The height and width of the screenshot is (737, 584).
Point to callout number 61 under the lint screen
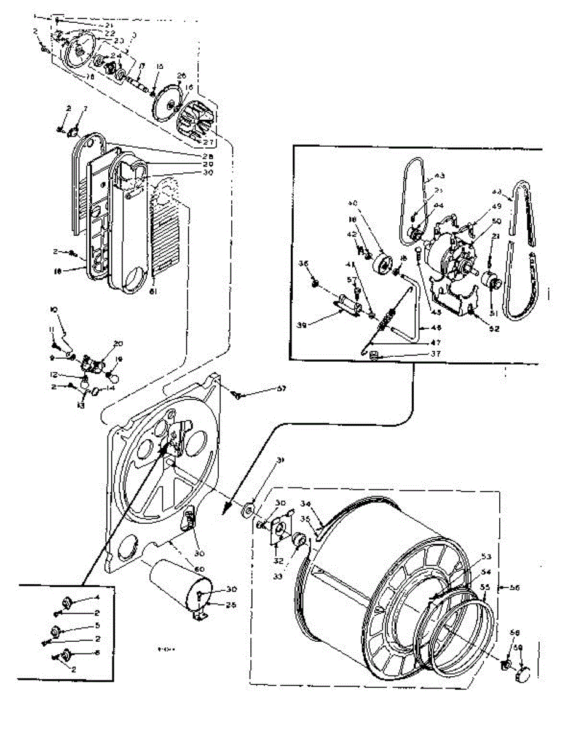pos(153,292)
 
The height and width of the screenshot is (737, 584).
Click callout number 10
pos(54,311)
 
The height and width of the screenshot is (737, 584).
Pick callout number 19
pos(119,359)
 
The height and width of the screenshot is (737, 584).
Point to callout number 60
pos(199,569)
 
